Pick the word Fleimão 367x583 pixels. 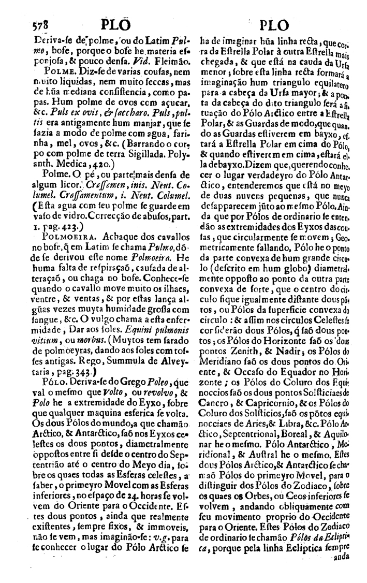[152, 61]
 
